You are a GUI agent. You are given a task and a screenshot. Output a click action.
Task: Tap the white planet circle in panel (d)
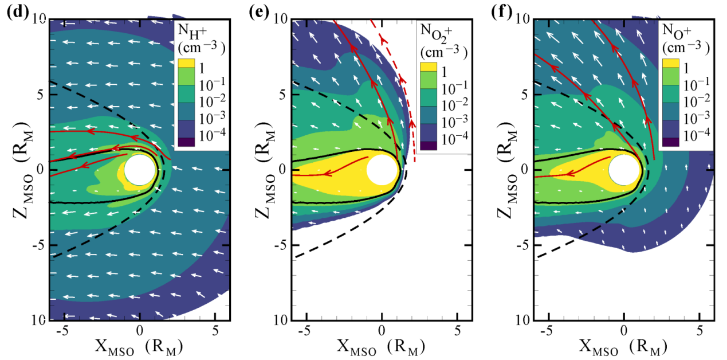139,170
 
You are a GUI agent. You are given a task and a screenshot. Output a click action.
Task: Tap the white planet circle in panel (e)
382,170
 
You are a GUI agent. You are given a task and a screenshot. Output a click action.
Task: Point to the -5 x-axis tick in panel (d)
64,330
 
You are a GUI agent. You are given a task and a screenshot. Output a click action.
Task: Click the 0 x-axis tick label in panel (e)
382,330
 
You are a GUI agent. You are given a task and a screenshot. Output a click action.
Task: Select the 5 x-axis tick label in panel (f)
700,330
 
